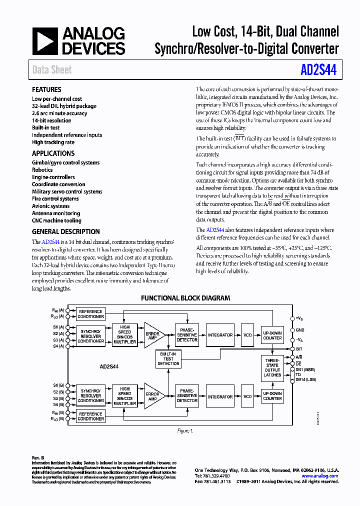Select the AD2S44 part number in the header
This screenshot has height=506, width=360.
[x=319, y=69]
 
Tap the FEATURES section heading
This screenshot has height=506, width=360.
[x=46, y=89]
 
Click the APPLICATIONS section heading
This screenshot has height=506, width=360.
[x=53, y=153]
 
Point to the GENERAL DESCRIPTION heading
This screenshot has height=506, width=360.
[x=65, y=231]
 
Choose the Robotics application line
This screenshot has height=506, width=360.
[x=42, y=170]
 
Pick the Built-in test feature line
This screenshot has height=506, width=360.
[x=46, y=127]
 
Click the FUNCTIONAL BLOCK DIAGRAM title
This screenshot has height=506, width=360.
[x=185, y=298]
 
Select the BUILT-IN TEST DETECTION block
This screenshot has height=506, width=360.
[x=168, y=358]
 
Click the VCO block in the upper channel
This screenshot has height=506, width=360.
[x=247, y=335]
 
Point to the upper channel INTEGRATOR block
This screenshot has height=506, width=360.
[x=220, y=335]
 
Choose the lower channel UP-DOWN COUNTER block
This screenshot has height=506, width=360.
[x=272, y=396]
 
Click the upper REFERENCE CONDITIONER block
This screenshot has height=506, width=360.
[x=91, y=314]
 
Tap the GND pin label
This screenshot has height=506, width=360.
[x=300, y=330]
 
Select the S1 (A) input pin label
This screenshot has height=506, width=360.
[x=59, y=326]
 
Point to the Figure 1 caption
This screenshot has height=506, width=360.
[x=184, y=430]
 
